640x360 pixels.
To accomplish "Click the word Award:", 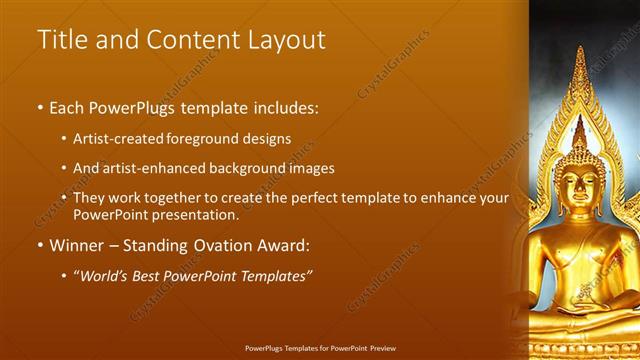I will [286, 245].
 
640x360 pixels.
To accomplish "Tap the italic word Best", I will [156, 275].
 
